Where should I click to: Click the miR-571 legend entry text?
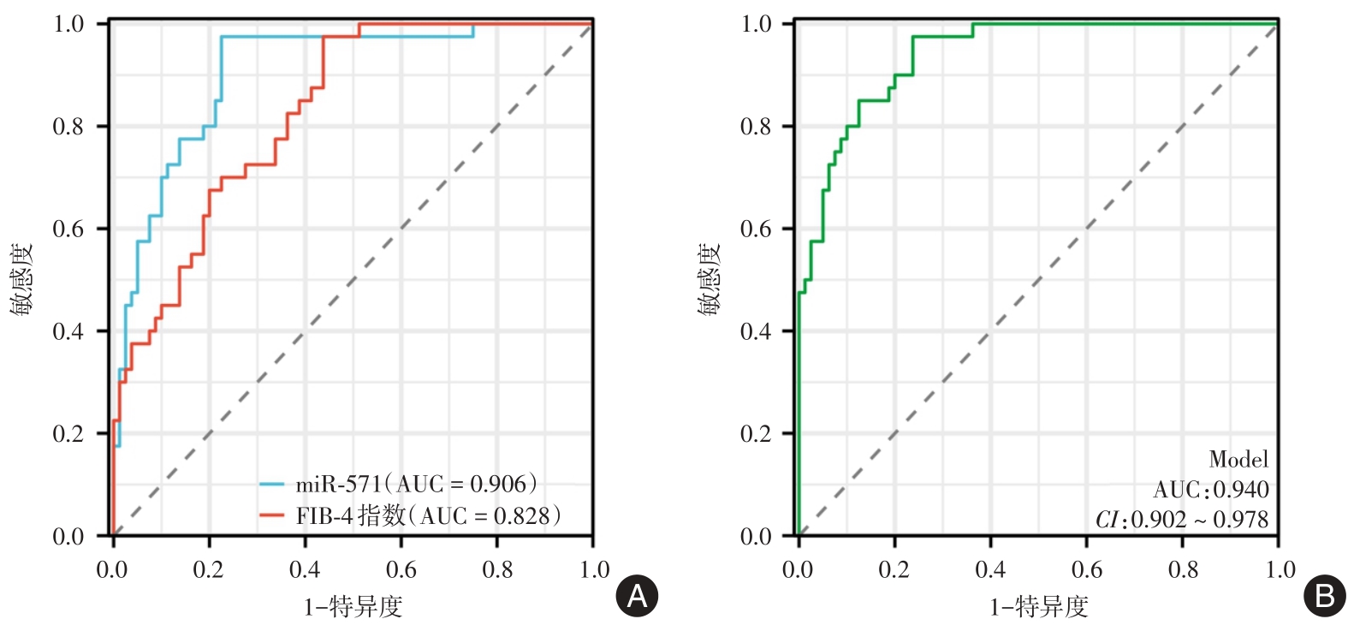point(416,485)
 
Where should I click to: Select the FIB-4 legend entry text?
point(428,515)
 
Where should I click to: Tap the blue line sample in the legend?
point(271,485)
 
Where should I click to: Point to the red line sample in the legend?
point(271,515)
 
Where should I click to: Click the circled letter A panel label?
point(638,596)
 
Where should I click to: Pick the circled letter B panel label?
point(1324,596)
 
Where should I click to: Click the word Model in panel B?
point(1238,460)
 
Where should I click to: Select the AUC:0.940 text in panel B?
point(1210,490)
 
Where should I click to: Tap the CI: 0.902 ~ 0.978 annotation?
point(1182,520)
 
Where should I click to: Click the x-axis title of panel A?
point(353,607)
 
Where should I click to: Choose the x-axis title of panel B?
point(1039,607)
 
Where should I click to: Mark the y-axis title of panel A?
point(22,279)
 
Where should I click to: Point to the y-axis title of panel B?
point(710,279)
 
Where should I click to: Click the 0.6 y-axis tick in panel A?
point(68,229)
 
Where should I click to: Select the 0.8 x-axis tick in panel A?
point(497,570)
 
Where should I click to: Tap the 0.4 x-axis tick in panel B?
point(990,570)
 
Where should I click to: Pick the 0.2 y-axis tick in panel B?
point(756,434)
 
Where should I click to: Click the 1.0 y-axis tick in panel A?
point(68,24)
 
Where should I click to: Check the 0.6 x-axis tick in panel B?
point(1087,570)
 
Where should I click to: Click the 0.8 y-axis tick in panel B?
point(756,127)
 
